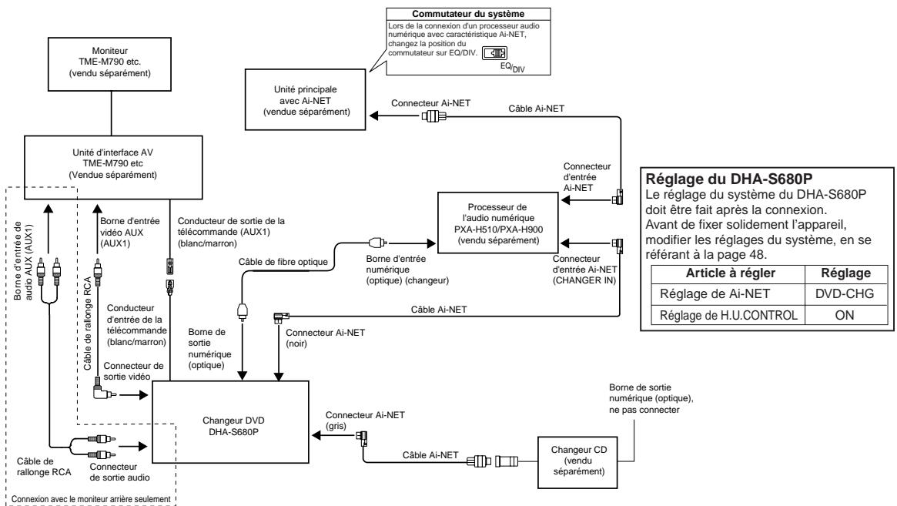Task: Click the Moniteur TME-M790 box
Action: (109, 64)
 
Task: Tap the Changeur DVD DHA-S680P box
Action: (230, 422)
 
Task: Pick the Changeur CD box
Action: (578, 463)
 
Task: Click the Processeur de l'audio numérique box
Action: (497, 223)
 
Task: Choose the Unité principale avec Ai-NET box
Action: (305, 99)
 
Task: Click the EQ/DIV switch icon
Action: (494, 54)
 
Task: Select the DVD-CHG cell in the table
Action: (845, 293)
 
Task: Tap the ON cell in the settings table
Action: (845, 315)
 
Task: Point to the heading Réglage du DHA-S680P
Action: (729, 178)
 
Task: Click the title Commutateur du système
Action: (468, 14)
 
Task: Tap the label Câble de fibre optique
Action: (283, 262)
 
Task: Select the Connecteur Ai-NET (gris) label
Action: (365, 421)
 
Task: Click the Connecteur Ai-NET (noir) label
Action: (325, 337)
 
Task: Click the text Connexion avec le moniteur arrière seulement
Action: (91, 499)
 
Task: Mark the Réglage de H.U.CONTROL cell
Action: (728, 315)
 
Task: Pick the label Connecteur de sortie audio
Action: (119, 472)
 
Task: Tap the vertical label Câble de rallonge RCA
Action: (88, 324)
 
